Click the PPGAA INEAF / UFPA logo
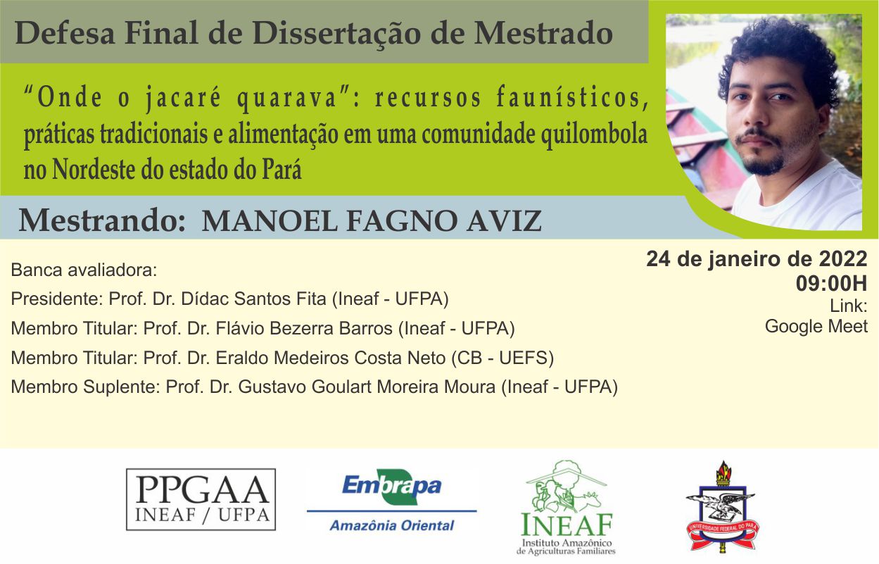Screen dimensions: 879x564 (x=201, y=499)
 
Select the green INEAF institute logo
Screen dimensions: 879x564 (x=567, y=508)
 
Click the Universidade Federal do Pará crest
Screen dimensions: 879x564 (x=723, y=506)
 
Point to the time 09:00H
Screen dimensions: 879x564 (x=831, y=283)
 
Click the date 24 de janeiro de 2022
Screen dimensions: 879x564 (x=757, y=259)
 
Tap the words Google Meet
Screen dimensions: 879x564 (x=816, y=326)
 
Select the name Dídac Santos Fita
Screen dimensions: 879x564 (x=253, y=299)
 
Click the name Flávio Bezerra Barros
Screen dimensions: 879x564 (x=304, y=328)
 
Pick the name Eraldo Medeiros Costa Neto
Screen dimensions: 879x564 (x=330, y=358)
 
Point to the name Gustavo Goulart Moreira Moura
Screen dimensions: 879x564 (x=367, y=387)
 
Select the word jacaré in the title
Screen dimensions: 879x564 (x=183, y=98)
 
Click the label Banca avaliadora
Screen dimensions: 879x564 (x=84, y=270)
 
